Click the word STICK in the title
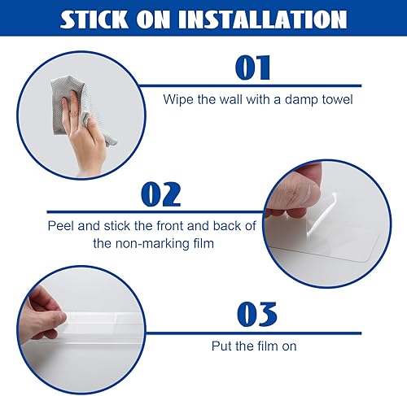pos(94,20)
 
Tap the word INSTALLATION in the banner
pos(263,20)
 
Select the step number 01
pos(253,67)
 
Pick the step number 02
pos(161,194)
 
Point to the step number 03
pos(257,314)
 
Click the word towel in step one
pos(337,99)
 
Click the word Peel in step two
pos(60,226)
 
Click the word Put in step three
pos(221,346)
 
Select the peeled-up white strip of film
pos(322,214)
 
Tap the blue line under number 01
pos(250,86)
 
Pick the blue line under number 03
pos(253,333)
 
